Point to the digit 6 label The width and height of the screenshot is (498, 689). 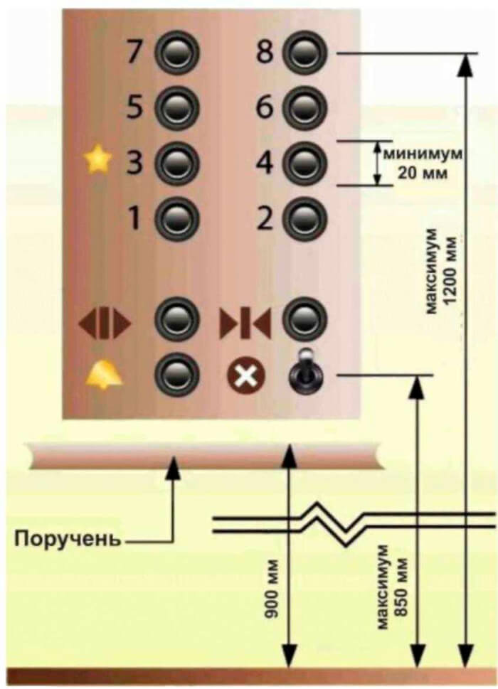click(265, 108)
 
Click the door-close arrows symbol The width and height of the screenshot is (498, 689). click(245, 322)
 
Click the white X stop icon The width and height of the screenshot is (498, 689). click(246, 374)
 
